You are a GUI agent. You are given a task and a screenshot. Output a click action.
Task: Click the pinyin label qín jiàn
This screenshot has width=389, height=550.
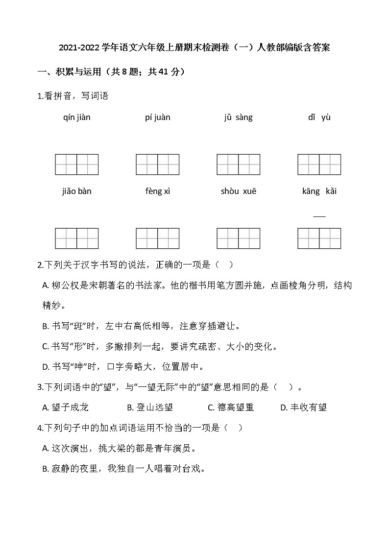coord(77,118)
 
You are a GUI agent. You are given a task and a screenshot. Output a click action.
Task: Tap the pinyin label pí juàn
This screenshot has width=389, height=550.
coord(158,118)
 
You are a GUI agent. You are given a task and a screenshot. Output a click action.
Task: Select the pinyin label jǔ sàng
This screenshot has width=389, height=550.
coord(238,118)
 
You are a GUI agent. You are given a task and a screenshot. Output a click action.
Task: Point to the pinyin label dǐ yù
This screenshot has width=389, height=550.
coord(319,118)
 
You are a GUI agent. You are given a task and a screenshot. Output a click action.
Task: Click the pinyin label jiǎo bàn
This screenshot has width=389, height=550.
coord(77,191)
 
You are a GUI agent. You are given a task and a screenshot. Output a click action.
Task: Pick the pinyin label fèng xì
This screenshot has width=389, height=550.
coord(158,191)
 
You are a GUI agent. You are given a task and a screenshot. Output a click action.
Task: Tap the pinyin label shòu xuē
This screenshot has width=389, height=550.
coord(238,191)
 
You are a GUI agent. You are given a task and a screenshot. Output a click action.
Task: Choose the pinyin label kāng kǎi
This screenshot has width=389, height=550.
coord(319,191)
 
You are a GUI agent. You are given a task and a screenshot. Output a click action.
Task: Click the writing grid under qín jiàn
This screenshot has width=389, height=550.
coord(77,165)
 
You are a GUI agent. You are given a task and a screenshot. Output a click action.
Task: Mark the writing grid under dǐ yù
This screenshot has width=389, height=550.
coord(319,165)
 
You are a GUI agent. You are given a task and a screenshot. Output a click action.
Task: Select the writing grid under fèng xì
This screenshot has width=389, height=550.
coord(158,239)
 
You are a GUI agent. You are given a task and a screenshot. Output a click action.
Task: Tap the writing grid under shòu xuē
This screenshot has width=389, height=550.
coord(238,239)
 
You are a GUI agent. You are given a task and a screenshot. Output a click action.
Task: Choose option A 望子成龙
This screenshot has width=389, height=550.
coord(66,407)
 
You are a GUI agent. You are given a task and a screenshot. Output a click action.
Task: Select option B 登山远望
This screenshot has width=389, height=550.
coord(150,407)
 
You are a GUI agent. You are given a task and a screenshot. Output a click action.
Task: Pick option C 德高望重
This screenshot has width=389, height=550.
coord(231,407)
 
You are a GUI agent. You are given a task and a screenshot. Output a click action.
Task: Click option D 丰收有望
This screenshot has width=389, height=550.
coord(303,407)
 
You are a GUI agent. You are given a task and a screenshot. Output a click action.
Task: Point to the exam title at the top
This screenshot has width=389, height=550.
coord(194,48)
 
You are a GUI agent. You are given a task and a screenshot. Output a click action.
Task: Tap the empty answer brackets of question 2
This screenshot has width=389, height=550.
coord(224,265)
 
